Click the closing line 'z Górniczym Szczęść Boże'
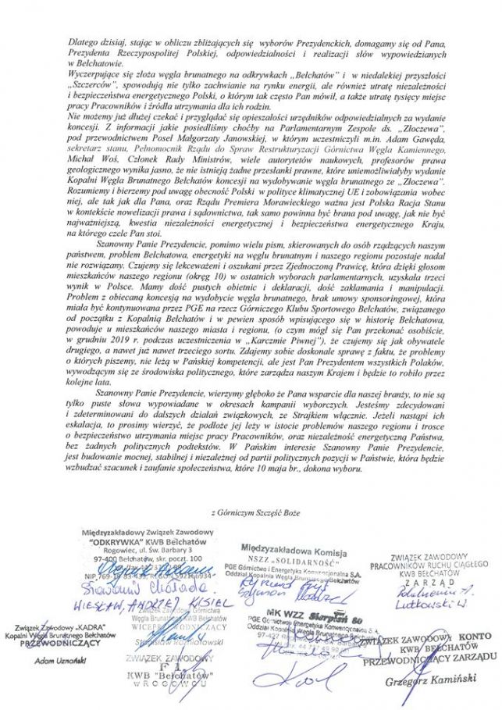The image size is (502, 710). coord(251,512)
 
